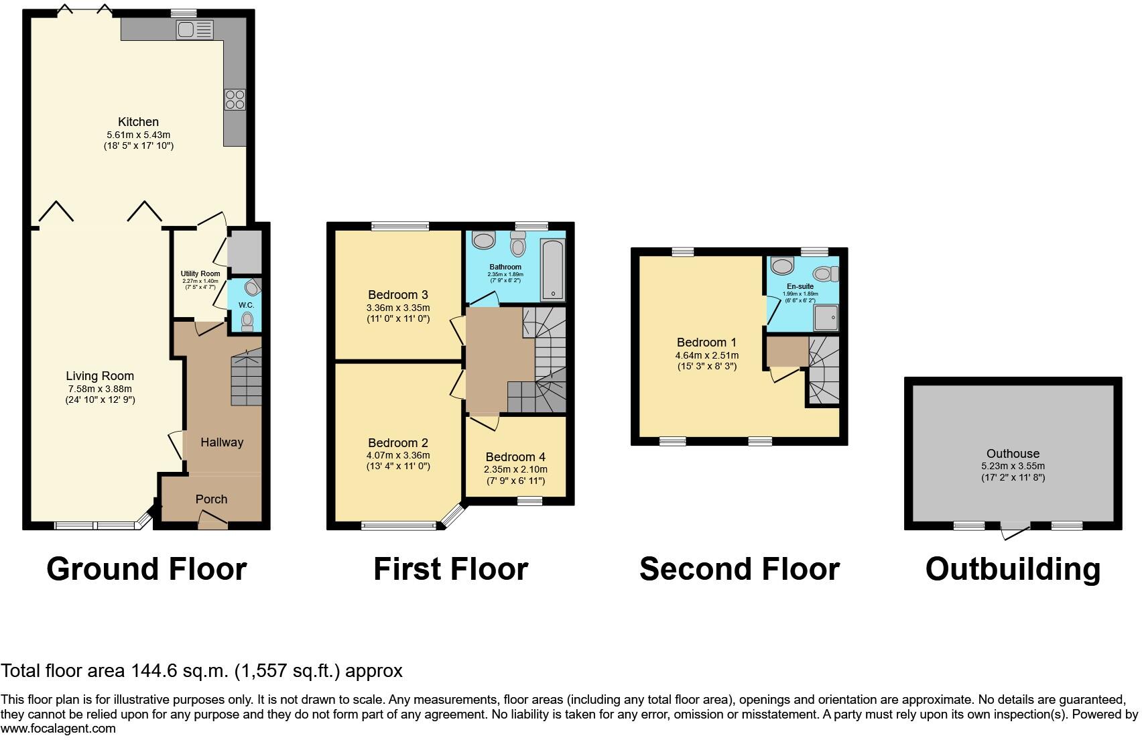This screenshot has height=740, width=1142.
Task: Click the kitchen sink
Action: (194, 29)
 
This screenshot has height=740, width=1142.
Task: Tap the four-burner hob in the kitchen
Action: (235, 99)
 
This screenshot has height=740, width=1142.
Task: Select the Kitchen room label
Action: (138, 122)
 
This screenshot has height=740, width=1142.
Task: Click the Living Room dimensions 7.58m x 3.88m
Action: (100, 389)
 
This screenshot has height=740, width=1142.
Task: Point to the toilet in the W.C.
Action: (247, 322)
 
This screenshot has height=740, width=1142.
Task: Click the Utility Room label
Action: (200, 274)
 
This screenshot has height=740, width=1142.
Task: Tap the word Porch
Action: (212, 499)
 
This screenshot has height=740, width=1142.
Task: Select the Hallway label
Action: (222, 442)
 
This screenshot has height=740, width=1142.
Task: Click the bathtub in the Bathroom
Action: (553, 269)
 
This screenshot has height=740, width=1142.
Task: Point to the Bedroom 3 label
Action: (398, 295)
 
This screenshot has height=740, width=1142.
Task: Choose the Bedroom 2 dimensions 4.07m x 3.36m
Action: (398, 455)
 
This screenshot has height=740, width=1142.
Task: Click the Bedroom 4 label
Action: (515, 457)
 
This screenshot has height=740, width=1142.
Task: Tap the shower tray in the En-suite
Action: (826, 318)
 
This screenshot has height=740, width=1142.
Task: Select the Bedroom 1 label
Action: (707, 343)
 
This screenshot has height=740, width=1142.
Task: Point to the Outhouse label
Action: (1013, 453)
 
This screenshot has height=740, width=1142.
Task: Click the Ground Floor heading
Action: (147, 569)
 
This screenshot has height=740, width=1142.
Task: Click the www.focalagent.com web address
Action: (58, 729)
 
